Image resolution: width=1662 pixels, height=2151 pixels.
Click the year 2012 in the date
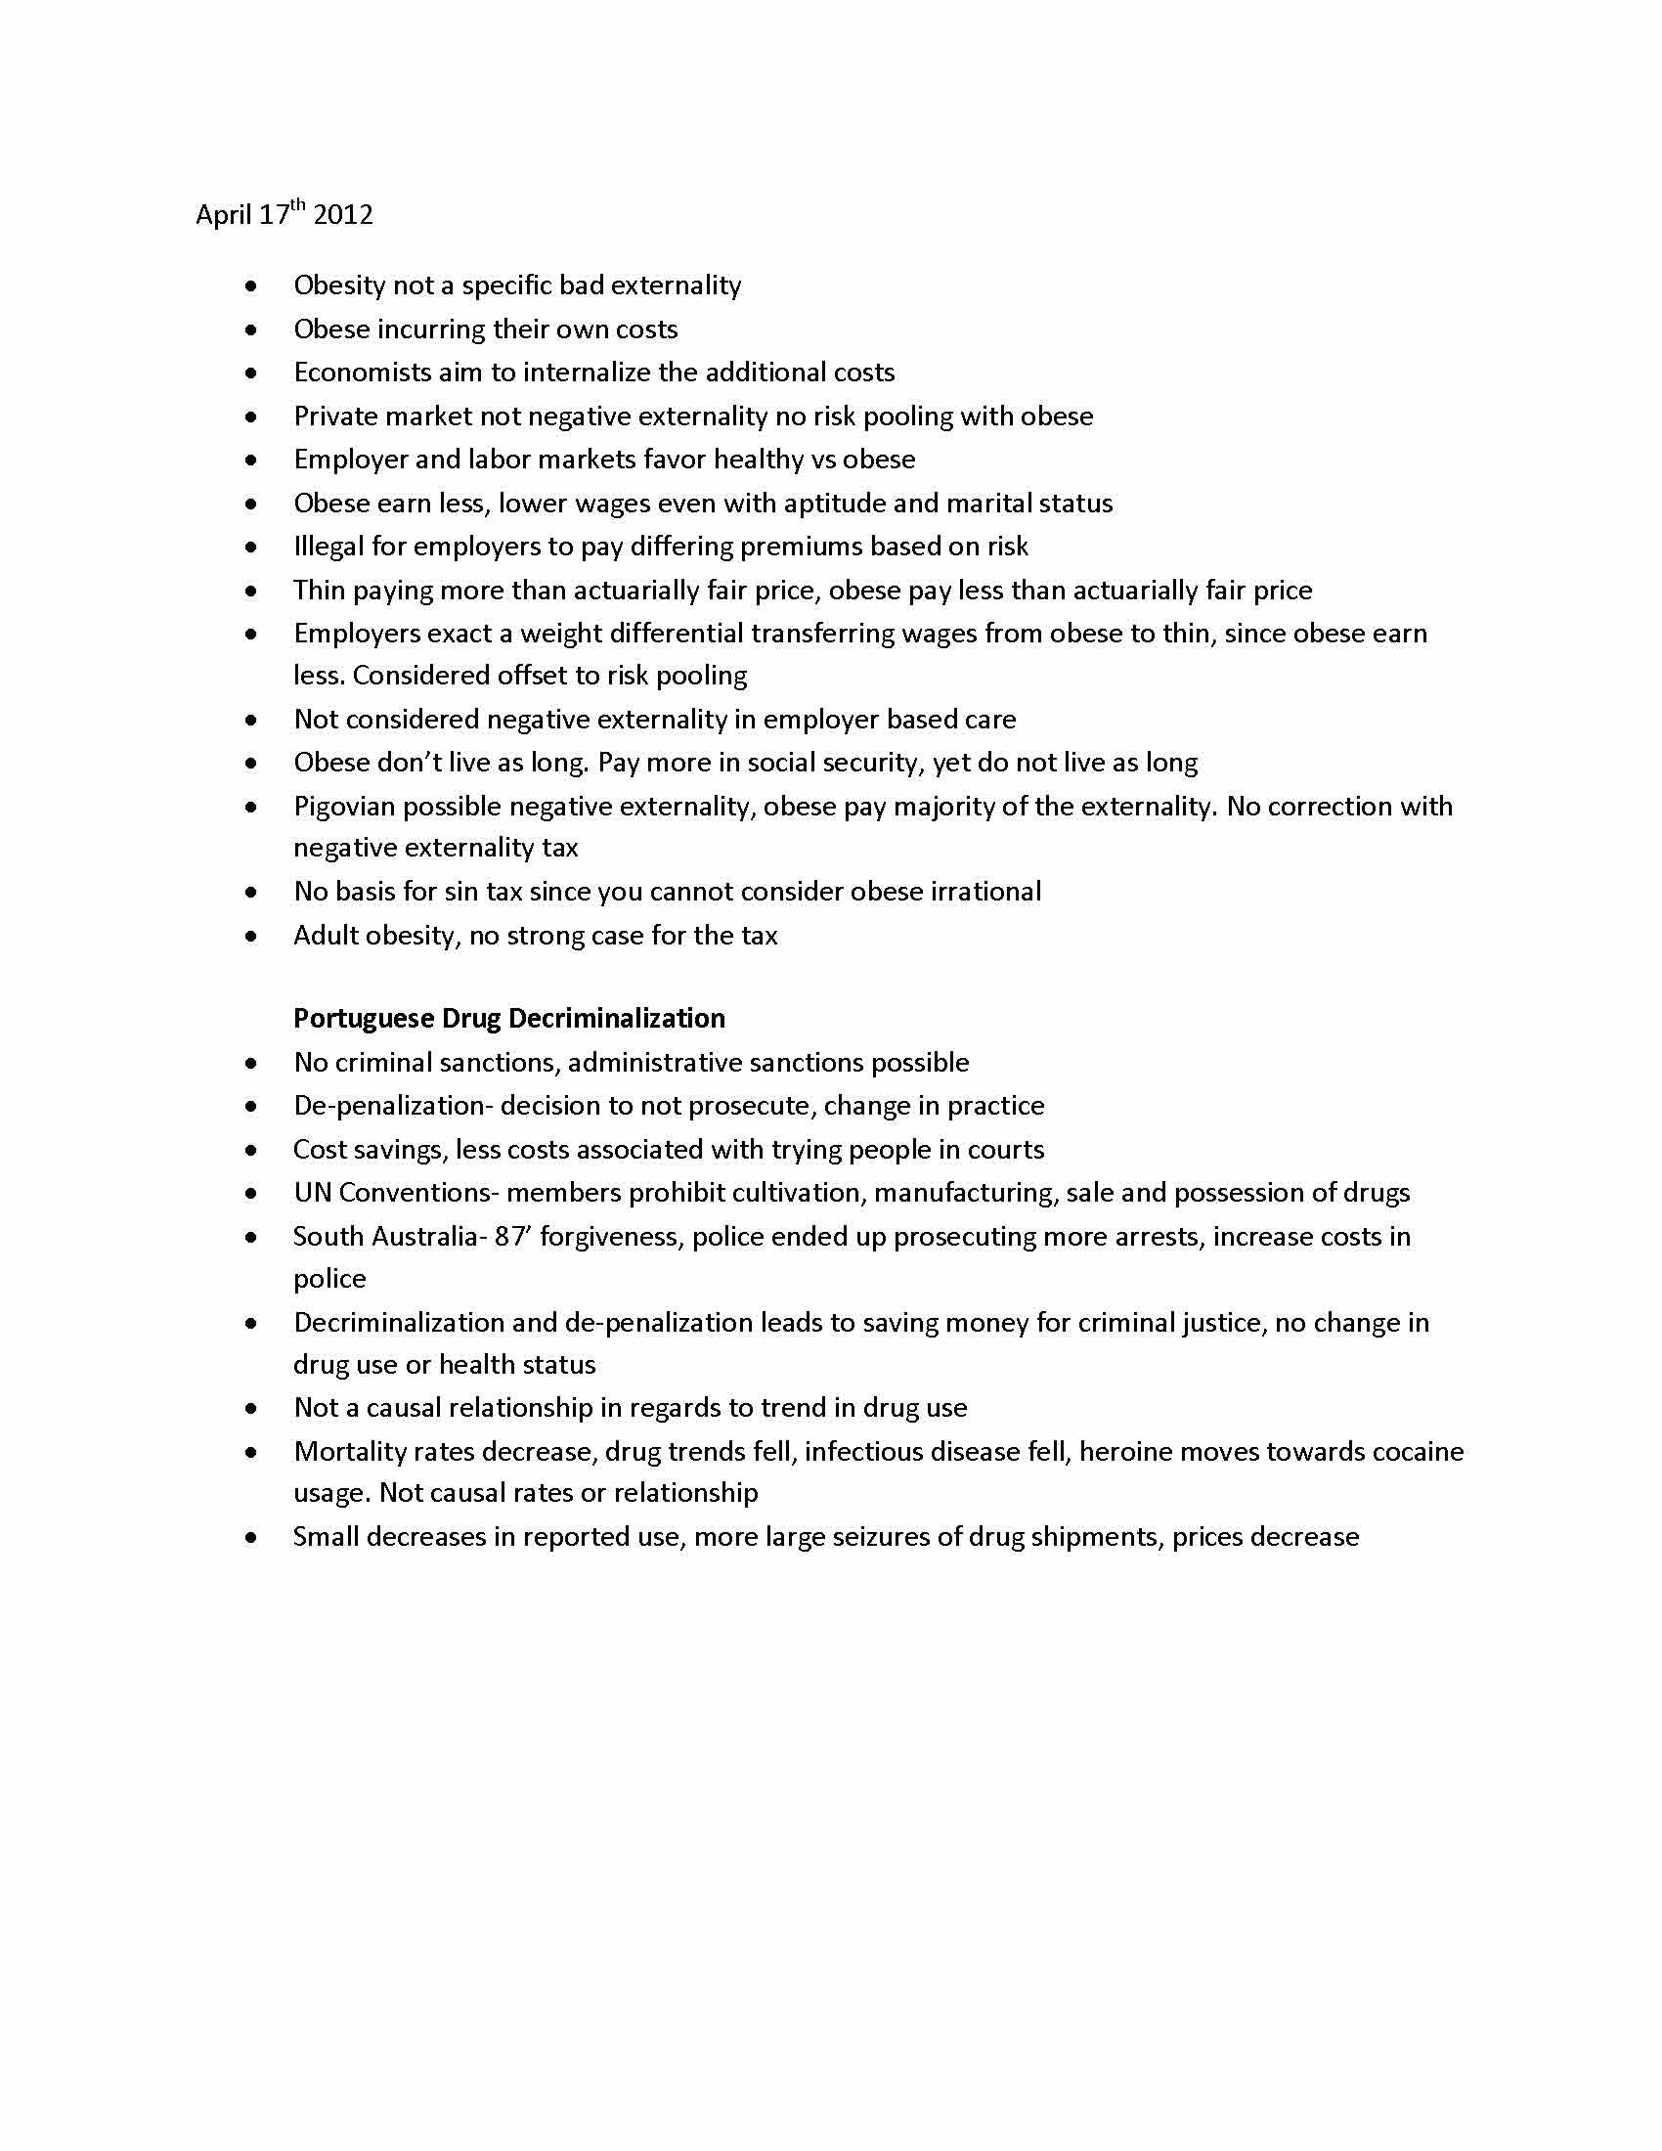(342, 215)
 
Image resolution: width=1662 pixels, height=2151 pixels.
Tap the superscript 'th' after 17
(297, 205)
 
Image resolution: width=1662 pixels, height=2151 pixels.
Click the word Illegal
(328, 547)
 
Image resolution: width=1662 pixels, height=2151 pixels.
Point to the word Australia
(426, 1236)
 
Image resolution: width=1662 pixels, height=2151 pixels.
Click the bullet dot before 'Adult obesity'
(252, 936)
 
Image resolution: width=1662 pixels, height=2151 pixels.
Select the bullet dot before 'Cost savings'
(252, 1151)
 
